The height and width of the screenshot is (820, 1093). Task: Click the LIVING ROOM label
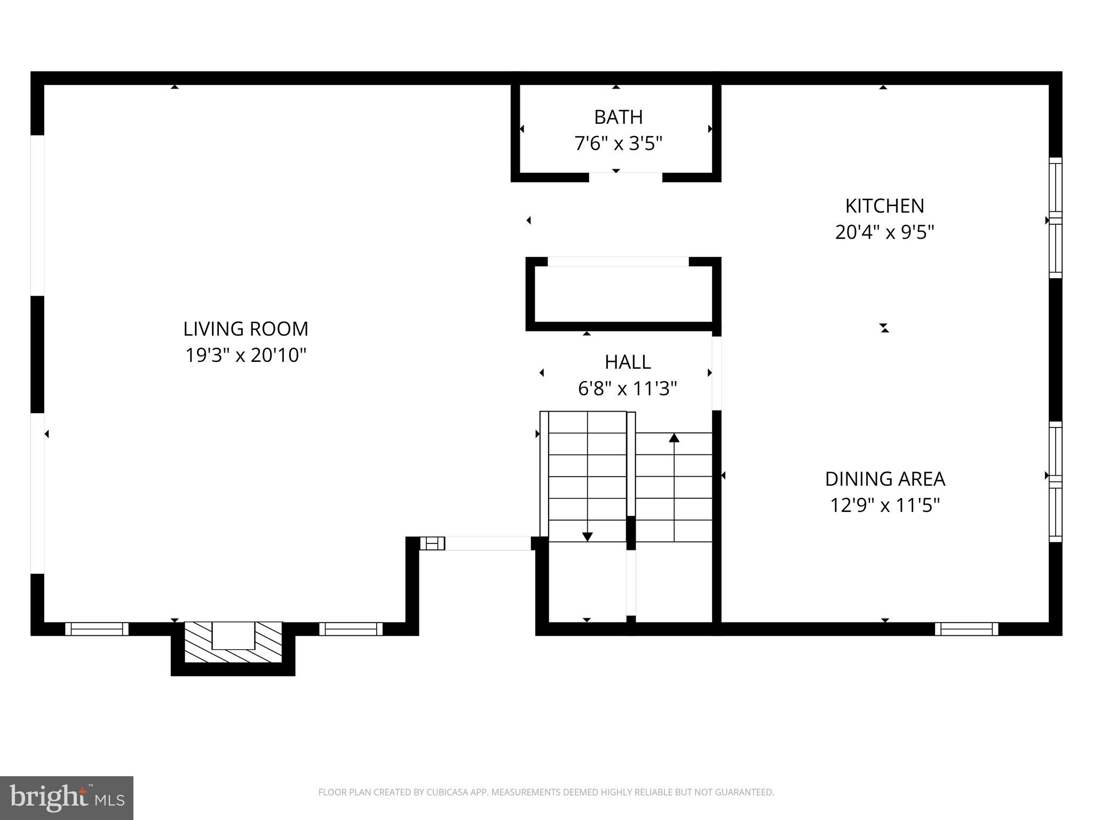tap(245, 329)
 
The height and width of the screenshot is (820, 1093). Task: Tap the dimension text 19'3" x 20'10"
tap(245, 355)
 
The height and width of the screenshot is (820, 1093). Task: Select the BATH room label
tap(618, 117)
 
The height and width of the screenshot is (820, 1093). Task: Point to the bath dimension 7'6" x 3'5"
tap(618, 144)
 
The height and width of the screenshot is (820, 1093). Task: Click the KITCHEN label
tap(884, 206)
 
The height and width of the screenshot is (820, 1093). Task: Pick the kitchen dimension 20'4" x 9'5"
tap(884, 232)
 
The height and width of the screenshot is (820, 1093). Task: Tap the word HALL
tap(627, 362)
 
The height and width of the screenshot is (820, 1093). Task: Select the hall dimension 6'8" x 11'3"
tap(627, 389)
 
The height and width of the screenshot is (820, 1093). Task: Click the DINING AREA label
tap(884, 479)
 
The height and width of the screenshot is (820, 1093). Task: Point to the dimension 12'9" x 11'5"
tap(884, 505)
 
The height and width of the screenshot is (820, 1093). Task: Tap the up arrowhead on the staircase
tap(674, 438)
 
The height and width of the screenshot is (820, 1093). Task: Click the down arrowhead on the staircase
tap(587, 537)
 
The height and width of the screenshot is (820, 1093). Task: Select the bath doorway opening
tap(625, 177)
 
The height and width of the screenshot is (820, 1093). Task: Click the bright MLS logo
tap(66, 798)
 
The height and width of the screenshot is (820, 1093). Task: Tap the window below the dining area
tap(966, 629)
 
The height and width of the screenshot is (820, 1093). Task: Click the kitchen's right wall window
tap(1055, 218)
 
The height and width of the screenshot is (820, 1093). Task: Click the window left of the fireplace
tap(97, 629)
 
